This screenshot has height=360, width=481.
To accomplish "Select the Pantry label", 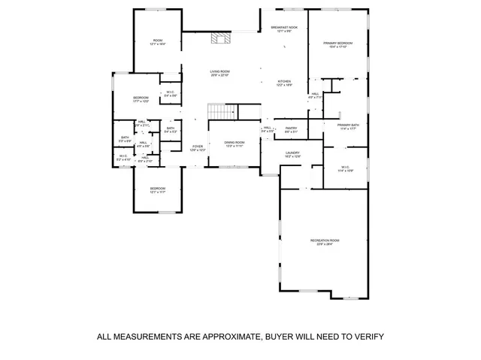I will point(291,129).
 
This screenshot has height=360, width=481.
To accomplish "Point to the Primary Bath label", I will point(349,126).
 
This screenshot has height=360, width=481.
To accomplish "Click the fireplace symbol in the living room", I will point(219,38).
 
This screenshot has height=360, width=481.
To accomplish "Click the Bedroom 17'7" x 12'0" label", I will point(141,99).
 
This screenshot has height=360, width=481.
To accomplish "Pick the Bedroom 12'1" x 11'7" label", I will point(157,189).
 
